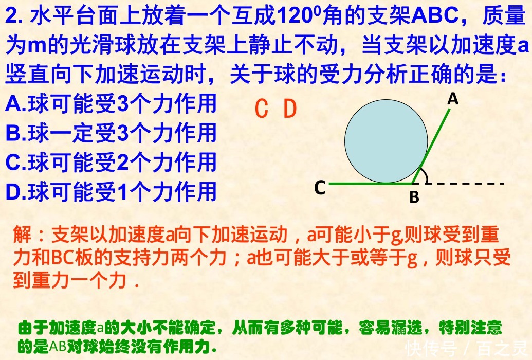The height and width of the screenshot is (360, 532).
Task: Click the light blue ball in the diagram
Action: click(386, 141)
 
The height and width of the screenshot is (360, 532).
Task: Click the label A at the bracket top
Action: click(452, 99)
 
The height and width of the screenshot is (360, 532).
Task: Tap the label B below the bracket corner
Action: click(414, 197)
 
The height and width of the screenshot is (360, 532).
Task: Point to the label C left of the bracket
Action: click(320, 188)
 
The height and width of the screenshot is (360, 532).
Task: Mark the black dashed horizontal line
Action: click(468, 183)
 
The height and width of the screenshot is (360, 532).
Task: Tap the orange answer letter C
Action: click(262, 109)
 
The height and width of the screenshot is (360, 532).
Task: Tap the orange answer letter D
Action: click(290, 109)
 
